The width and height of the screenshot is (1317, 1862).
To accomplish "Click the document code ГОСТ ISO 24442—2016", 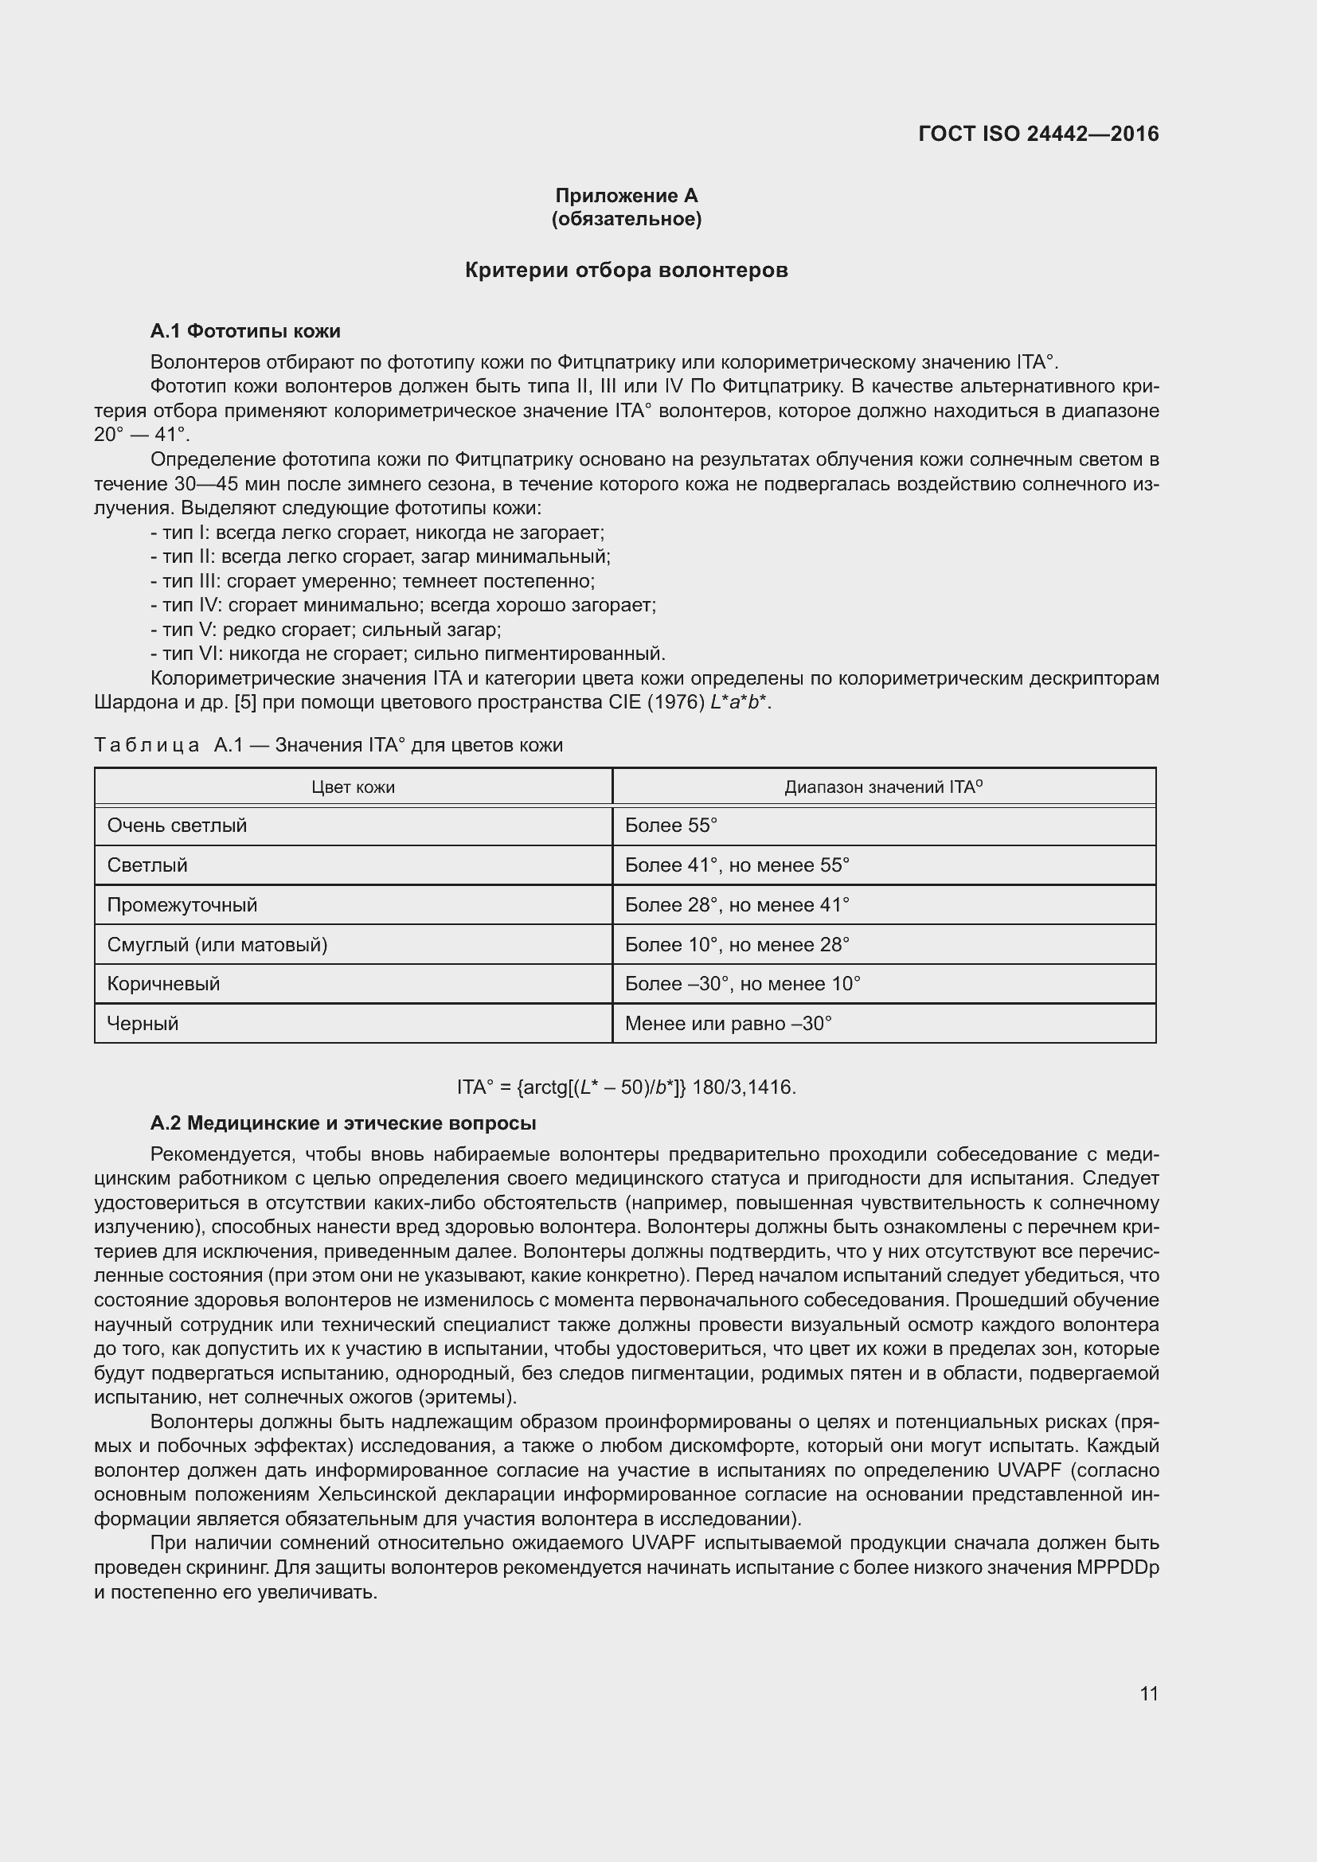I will coord(1038,134).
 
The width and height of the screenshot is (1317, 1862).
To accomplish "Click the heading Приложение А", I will coord(626,196).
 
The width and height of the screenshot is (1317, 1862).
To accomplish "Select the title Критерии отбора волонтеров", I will coord(626,270).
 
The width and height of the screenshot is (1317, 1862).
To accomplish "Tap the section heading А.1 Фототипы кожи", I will coord(245,331).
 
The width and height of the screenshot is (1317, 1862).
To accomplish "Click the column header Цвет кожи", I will coord(353,787).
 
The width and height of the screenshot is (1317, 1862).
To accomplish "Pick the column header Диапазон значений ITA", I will coord(883,787).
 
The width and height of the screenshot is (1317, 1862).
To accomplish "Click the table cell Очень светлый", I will coord(177,826).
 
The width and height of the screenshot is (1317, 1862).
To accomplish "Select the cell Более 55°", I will coord(671,826).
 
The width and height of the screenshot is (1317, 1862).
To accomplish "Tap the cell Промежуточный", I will coord(182,905).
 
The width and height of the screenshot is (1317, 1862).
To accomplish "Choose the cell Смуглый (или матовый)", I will coord(217,945).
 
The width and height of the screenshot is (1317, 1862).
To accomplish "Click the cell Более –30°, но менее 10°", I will coord(742,984).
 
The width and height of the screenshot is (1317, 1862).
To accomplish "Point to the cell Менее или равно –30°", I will coord(729,1024).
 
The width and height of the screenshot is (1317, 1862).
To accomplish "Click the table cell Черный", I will coord(143,1024).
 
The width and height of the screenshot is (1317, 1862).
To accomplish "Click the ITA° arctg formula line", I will coord(626,1087).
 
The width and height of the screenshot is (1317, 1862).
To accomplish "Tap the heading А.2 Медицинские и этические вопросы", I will coord(343,1123).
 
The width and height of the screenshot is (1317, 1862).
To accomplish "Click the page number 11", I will coord(1148,1693).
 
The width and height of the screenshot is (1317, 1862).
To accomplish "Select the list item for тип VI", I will coord(408,654).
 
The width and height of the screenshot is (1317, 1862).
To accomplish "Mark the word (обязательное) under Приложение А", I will coord(626,219).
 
